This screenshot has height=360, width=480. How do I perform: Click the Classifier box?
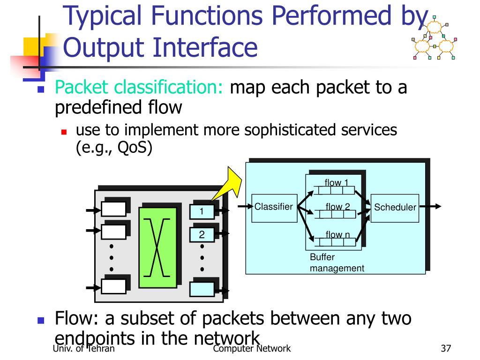274,208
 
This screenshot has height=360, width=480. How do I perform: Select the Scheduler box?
395,208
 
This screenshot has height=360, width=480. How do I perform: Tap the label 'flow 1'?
336,183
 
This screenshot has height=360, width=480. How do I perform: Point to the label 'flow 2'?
337,207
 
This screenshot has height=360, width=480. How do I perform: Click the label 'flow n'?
337,235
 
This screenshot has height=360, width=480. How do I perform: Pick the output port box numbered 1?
202,212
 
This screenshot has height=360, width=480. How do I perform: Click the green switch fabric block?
157,247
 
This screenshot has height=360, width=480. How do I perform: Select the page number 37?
446,348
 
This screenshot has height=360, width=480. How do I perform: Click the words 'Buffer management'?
337,263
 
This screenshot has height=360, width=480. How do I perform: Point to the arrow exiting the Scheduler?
430,206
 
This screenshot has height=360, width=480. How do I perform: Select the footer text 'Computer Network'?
251,348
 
